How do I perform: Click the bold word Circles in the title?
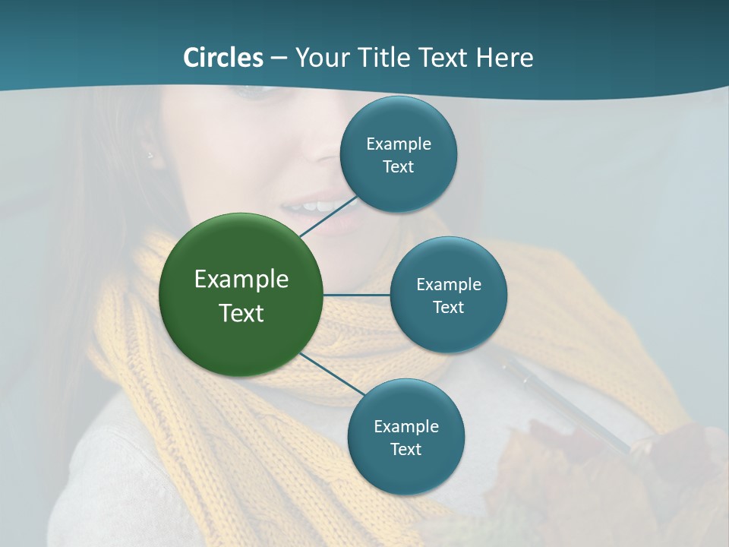223,57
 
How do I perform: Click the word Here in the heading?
505,57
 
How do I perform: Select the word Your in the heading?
320,57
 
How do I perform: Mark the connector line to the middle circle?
357,295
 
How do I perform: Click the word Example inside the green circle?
241,280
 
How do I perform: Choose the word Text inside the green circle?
241,313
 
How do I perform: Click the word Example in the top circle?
399,144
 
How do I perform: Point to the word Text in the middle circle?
449,308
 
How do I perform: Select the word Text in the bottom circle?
406,450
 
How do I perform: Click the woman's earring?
150,156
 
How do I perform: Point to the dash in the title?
279,58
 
